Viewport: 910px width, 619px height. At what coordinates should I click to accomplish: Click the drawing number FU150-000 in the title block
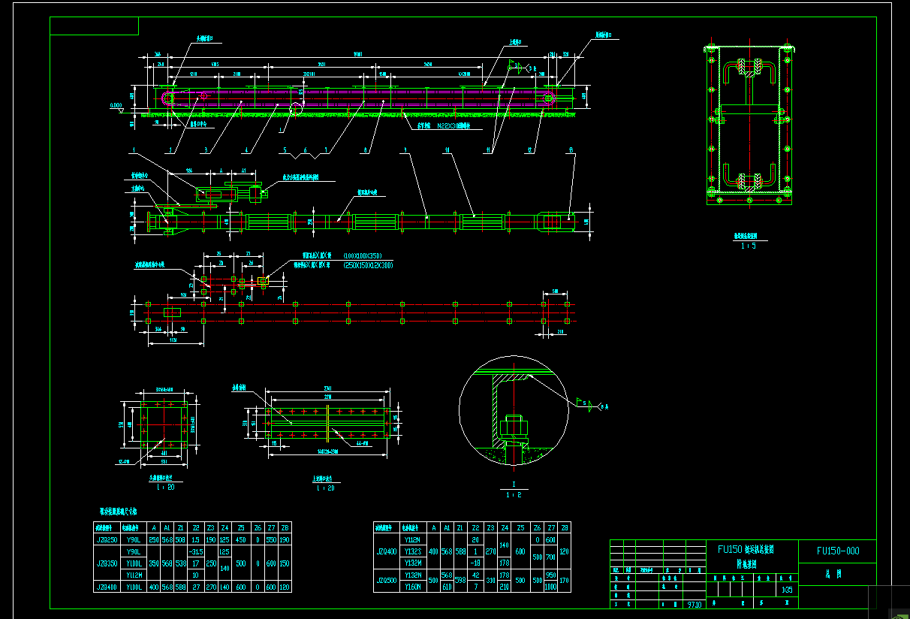point(837,551)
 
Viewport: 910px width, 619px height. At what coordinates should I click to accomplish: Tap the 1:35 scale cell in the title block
point(787,590)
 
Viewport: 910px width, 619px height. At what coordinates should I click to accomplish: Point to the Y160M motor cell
point(412,587)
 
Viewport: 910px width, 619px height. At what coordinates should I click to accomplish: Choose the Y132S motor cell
point(412,551)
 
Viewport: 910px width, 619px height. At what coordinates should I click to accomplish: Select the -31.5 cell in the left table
point(196,551)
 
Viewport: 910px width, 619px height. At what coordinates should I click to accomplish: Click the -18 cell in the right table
point(475,563)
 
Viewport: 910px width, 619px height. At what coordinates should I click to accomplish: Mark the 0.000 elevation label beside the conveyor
point(116,106)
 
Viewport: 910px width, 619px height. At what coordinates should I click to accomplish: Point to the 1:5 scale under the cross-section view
point(747,246)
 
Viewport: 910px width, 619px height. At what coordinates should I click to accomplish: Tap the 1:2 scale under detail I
point(514,494)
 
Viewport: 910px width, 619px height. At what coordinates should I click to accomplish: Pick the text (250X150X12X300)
point(368,265)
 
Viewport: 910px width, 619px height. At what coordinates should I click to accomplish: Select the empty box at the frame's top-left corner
point(94,26)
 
